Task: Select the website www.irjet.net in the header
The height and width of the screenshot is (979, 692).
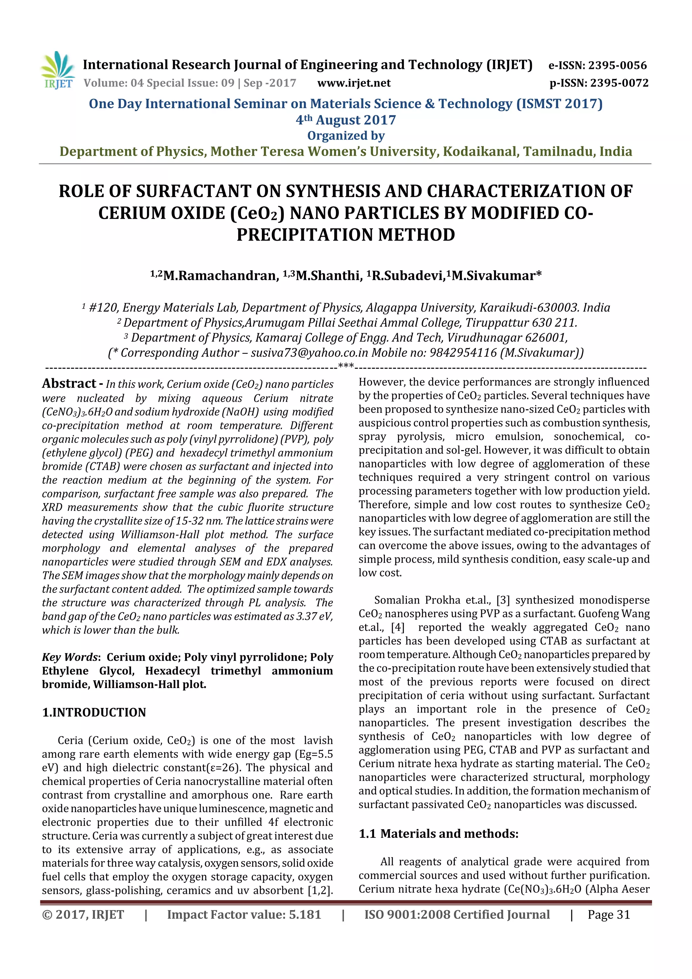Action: (354, 83)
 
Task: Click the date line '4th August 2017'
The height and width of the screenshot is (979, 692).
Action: (346, 120)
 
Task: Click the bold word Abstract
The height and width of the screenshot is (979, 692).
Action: (69, 384)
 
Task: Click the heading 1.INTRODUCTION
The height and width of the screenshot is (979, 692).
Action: (94, 712)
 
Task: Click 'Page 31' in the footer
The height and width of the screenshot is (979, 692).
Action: (609, 914)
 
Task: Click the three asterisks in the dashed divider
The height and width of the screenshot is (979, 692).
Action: (345, 366)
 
